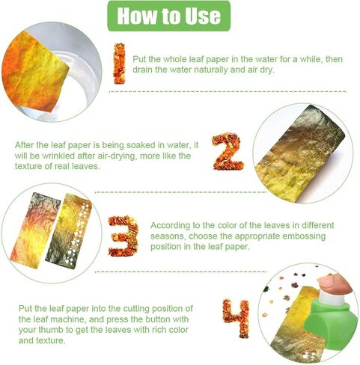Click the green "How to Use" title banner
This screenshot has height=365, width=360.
[x=168, y=16]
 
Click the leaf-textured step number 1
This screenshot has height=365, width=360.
[x=119, y=64]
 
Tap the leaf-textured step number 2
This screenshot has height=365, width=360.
[x=228, y=151]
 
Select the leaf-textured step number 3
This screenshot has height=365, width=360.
[x=123, y=236]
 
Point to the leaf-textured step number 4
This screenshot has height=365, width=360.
[x=236, y=318]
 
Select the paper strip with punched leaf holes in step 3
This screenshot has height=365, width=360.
[x=69, y=231]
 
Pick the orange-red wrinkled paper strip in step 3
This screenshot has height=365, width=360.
[x=34, y=230]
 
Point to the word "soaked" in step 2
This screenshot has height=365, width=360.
[x=140, y=145]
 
